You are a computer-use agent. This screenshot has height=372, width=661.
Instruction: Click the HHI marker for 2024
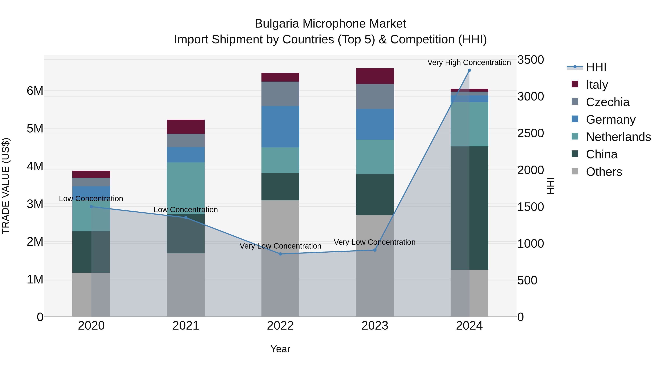click(469, 70)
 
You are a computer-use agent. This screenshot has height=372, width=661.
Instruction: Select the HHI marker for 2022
click(280, 254)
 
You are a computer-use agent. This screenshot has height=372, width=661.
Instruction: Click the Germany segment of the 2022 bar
click(280, 127)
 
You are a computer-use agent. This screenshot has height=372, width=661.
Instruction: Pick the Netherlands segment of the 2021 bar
click(186, 188)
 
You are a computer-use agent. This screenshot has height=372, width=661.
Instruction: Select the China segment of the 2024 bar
click(469, 208)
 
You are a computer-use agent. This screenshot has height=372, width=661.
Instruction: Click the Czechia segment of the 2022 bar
click(280, 94)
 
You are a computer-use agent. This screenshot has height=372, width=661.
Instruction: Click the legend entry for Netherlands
click(618, 137)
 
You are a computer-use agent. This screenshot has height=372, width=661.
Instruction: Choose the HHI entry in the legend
click(596, 67)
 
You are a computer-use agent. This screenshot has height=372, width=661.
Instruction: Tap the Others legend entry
click(604, 172)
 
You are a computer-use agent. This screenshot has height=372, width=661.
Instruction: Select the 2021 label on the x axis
click(186, 326)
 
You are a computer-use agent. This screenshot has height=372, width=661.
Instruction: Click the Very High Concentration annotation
click(469, 62)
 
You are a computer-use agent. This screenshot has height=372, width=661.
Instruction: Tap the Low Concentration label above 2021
click(186, 209)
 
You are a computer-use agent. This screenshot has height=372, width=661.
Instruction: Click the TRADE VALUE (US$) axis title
click(6, 186)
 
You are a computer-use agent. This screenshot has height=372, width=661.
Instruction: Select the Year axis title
click(280, 349)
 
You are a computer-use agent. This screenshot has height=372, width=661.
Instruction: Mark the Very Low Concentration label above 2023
click(374, 242)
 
